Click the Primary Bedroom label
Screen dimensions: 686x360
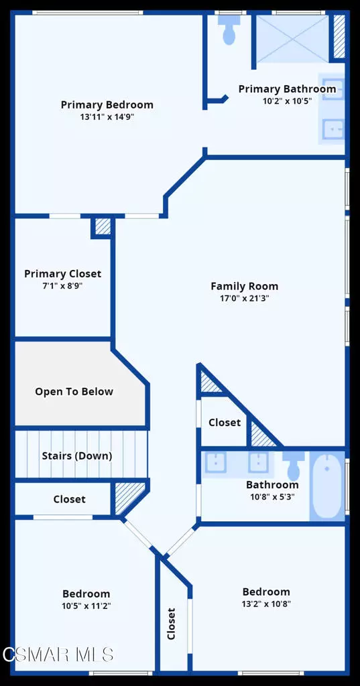click(107, 105)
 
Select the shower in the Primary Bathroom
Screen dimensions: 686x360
click(292, 39)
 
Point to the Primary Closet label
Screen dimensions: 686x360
click(62, 273)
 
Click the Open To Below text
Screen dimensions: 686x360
click(74, 391)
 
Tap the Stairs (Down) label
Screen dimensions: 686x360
click(76, 456)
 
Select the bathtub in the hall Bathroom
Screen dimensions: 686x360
click(327, 486)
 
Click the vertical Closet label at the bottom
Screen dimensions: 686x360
click(171, 623)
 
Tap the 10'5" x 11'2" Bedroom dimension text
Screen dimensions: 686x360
click(86, 606)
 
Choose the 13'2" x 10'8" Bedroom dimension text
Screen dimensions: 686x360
click(266, 604)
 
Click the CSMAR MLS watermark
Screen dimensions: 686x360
click(57, 654)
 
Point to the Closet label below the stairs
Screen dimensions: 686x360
click(69, 499)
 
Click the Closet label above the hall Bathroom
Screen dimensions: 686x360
click(224, 423)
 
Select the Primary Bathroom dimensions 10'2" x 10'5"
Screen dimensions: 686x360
click(287, 101)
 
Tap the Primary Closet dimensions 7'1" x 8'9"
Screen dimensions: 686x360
click(62, 285)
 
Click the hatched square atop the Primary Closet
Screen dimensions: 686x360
click(103, 226)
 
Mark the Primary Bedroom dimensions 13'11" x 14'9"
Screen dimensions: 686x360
click(107, 117)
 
